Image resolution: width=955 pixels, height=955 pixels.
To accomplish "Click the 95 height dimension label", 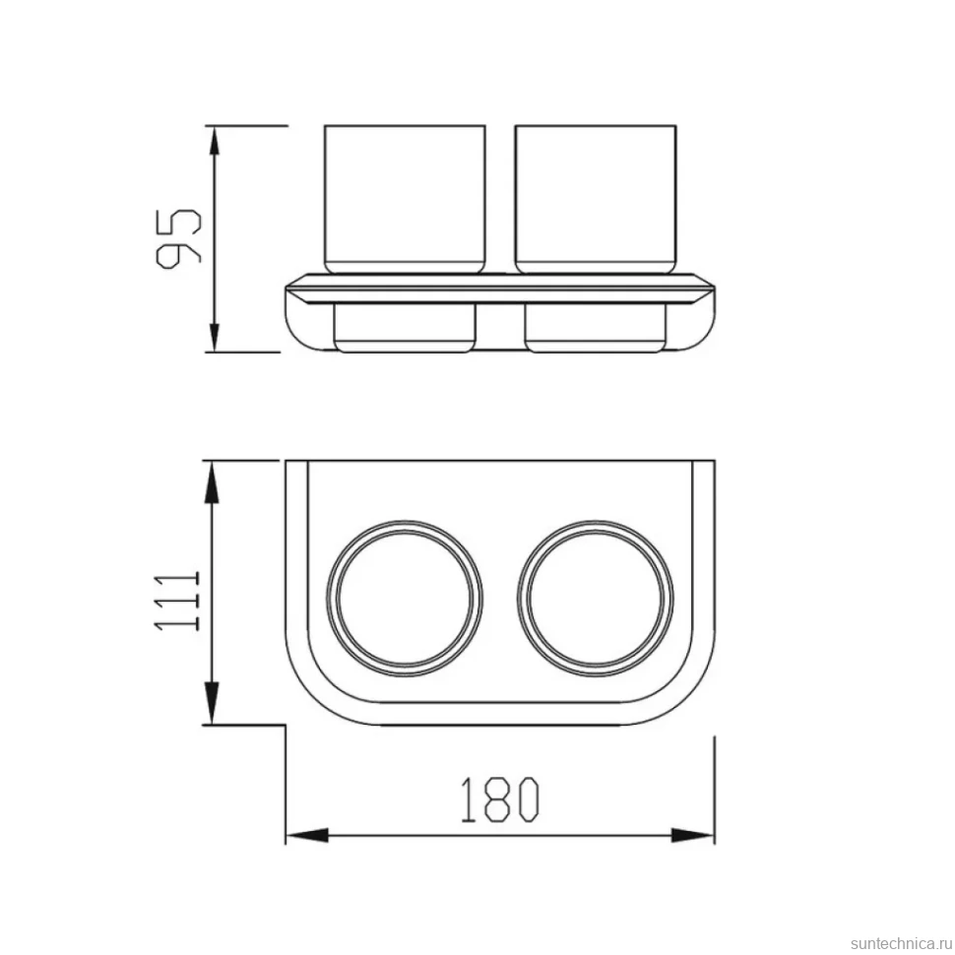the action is tap(178, 238).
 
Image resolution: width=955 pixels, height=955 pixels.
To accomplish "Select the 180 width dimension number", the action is tap(500, 799).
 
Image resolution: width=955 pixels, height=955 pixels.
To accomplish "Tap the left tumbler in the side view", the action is tap(405, 199).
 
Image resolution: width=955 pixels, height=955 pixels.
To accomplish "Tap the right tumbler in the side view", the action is tap(595, 199).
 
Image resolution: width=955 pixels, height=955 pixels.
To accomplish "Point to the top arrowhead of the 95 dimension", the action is tap(214, 142).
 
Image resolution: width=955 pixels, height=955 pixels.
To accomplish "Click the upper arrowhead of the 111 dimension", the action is tap(211, 481).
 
